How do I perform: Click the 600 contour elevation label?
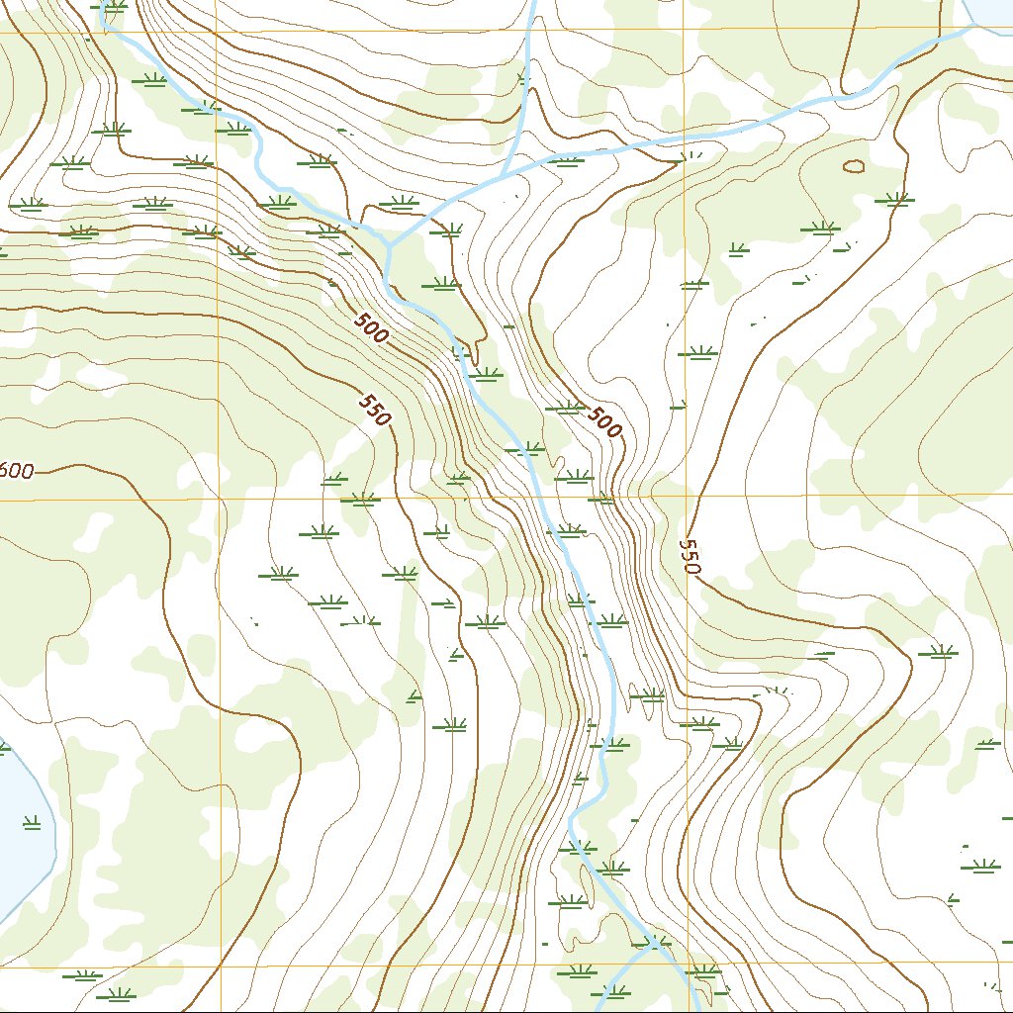pos(16,471)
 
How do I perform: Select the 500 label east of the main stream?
pos(604,422)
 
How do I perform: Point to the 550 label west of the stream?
pos(376,410)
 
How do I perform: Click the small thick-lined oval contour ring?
pos(853,166)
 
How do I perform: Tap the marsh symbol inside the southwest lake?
pos(31,821)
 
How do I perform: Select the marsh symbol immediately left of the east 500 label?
pos(565,407)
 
